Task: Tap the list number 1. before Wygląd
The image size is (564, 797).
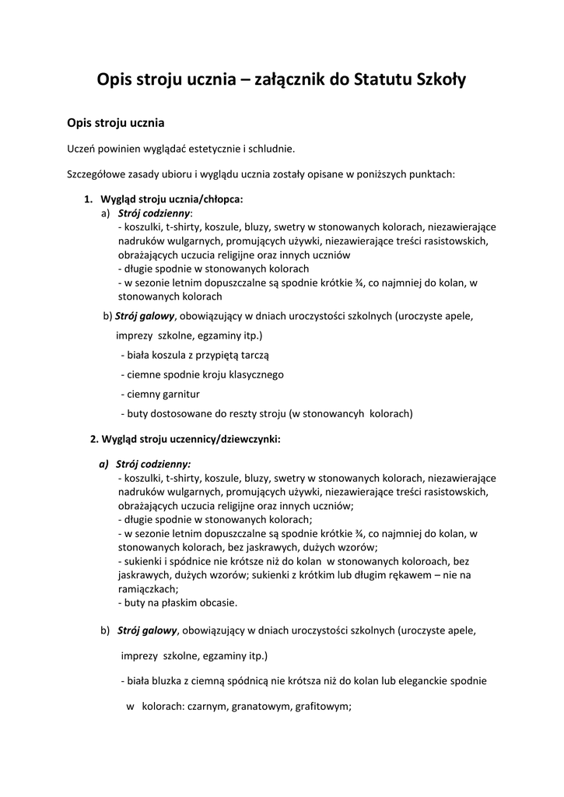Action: [89, 199]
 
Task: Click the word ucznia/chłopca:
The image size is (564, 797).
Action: [203, 199]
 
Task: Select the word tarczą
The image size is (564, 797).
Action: [252, 354]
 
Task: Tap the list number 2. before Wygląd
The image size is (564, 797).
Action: [94, 439]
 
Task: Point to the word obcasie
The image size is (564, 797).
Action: [218, 603]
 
